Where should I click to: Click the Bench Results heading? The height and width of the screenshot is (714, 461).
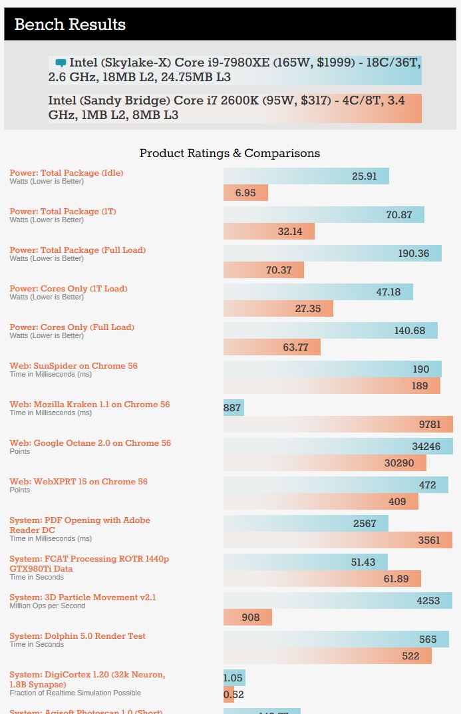tap(70, 25)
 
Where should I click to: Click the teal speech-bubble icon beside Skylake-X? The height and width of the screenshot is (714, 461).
tap(61, 63)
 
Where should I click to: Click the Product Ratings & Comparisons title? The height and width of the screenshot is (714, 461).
tap(230, 153)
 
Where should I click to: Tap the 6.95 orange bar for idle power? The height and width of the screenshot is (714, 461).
tap(245, 193)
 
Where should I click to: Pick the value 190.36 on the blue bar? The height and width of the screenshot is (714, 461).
tap(414, 254)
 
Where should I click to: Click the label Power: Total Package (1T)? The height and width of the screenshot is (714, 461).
tap(63, 212)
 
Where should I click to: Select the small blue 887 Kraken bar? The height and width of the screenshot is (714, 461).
tap(233, 408)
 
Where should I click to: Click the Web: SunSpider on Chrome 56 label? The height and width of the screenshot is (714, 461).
tap(73, 366)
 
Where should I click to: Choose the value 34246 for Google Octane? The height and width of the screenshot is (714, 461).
tap(426, 446)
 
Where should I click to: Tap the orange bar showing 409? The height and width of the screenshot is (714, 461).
tap(321, 502)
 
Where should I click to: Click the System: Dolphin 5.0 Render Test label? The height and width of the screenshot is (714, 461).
tap(77, 636)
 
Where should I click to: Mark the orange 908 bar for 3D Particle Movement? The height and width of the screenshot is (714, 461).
tap(247, 618)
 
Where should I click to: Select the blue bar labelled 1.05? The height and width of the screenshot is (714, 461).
tap(233, 678)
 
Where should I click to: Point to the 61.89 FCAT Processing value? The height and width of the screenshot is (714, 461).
tap(396, 579)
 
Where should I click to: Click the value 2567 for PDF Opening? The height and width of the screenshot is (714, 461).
tap(365, 524)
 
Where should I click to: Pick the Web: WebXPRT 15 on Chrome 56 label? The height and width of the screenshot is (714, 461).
tap(78, 482)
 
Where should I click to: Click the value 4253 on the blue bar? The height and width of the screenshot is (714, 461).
tap(428, 601)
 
